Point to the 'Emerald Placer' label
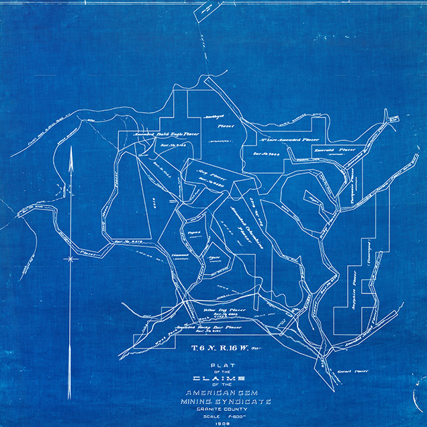pyautogui.click(x=335, y=150)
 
